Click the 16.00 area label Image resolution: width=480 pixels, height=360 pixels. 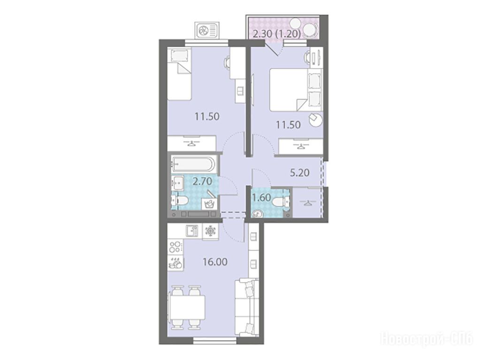215,262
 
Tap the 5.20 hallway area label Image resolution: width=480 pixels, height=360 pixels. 300,173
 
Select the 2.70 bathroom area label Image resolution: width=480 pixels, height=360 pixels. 202,182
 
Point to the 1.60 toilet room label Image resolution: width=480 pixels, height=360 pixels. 261,198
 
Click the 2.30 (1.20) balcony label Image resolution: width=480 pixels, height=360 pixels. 277,34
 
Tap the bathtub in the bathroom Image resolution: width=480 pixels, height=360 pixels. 193,164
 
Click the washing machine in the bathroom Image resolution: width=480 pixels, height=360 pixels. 210,203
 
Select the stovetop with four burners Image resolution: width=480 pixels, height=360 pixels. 175,247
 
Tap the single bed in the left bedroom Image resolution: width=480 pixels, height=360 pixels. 179,75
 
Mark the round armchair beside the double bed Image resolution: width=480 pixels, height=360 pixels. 315,120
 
